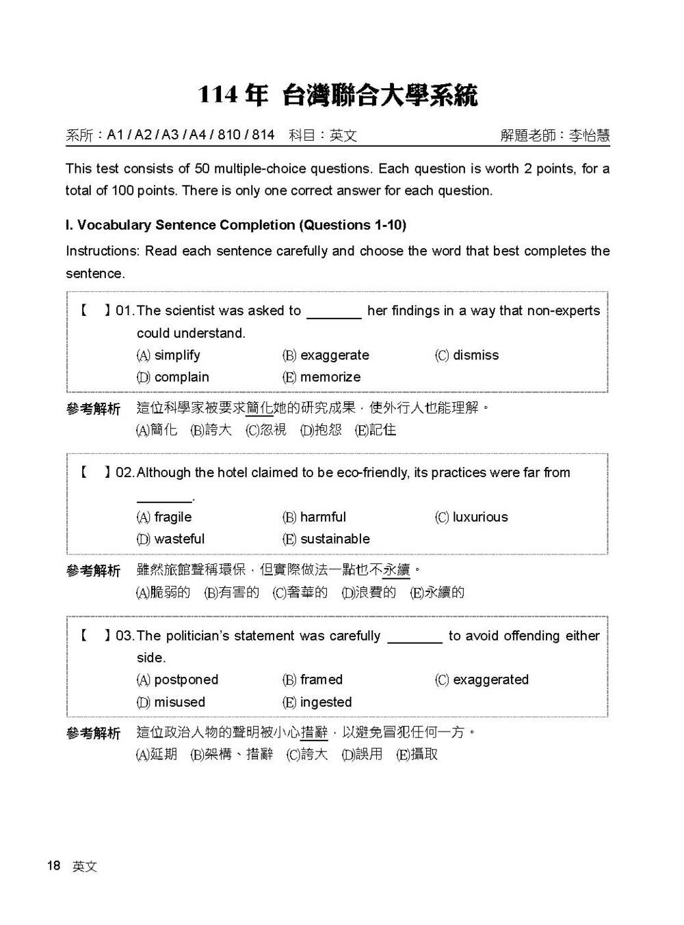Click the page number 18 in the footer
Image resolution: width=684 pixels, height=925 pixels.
[x=54, y=866]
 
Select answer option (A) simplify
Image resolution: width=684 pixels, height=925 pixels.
[x=168, y=355]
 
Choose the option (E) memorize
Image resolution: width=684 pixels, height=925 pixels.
[x=321, y=377]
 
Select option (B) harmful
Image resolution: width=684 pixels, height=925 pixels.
[x=314, y=517]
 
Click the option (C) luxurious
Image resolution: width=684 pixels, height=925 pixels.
[x=471, y=517]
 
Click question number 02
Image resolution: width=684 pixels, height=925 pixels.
[x=124, y=472]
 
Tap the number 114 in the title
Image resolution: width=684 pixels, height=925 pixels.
[x=218, y=95]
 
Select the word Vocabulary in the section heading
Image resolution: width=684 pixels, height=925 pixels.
[x=114, y=225]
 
